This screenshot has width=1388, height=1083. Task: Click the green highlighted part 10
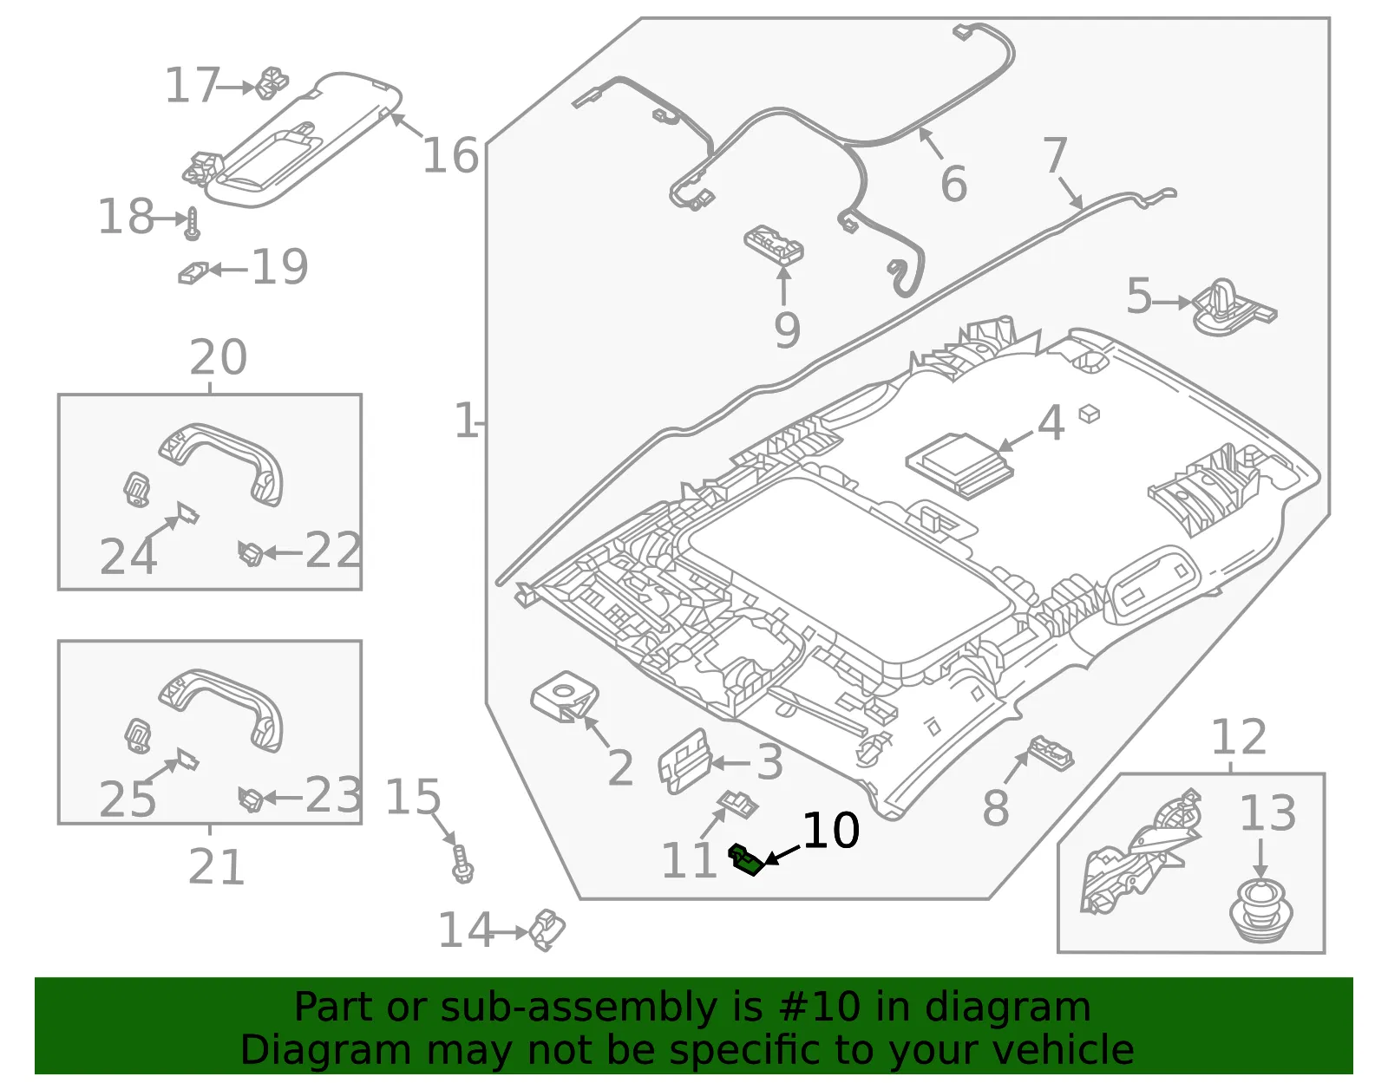745,859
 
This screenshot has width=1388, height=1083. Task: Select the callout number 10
830,831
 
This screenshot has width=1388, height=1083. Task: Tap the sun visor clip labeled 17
272,83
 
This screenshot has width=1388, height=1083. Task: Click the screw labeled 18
193,224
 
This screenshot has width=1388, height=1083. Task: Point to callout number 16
450,155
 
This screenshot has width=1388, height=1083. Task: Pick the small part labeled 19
193,272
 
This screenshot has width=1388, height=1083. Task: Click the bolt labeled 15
462,864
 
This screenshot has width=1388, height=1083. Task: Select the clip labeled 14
547,930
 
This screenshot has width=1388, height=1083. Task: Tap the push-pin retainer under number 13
1260,912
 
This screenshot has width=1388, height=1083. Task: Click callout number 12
1239,737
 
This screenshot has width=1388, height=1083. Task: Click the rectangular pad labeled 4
959,466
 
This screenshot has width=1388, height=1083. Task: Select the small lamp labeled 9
774,244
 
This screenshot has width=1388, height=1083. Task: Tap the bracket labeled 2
565,696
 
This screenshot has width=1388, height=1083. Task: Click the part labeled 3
684,762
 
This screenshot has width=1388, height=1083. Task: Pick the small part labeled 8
1051,753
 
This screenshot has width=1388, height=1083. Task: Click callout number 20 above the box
218,357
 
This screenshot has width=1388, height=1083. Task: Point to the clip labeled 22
251,553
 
